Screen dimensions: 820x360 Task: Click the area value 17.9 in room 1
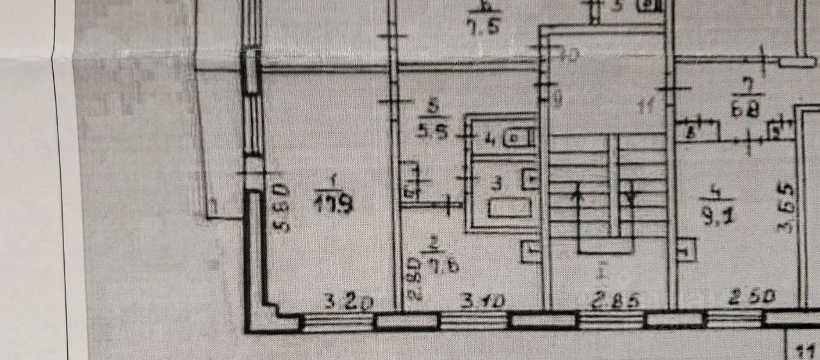(334, 204)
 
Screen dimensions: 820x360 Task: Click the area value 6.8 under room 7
(746, 110)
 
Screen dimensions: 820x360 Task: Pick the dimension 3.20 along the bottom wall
(348, 302)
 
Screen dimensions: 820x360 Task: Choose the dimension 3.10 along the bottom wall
(482, 300)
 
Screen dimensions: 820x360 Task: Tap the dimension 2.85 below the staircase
(615, 300)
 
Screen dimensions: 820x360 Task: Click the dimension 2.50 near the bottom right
(751, 297)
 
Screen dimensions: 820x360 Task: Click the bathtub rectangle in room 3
(509, 208)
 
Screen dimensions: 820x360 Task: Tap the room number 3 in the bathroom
(496, 184)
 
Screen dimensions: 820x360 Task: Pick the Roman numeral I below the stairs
(601, 272)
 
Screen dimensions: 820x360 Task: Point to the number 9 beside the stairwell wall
(557, 99)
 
